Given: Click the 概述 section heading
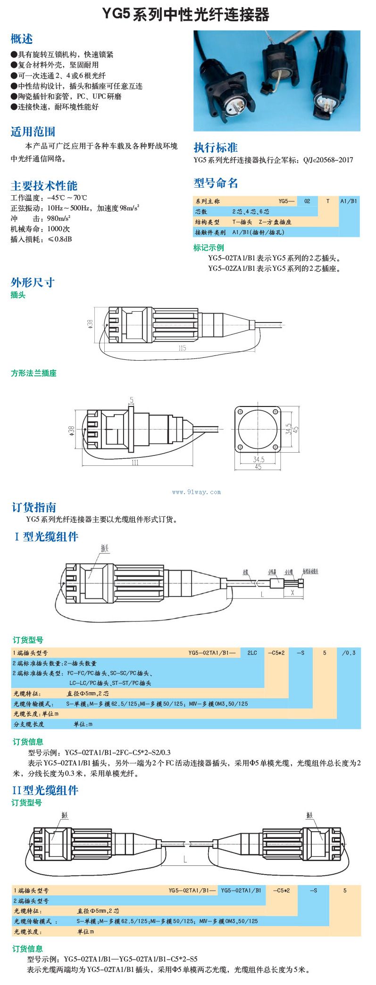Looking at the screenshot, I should (x=22, y=39).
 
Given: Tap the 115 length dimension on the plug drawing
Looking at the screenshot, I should (x=182, y=348).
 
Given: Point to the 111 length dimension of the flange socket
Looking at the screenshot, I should (x=135, y=463).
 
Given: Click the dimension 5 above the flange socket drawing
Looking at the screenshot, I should (x=132, y=400).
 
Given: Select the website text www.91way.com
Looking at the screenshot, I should (x=196, y=492).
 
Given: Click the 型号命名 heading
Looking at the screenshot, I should (x=216, y=183).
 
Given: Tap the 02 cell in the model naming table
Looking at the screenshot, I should (x=307, y=201).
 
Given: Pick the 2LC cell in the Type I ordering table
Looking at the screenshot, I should (x=252, y=653).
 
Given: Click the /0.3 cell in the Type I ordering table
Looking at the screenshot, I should (x=349, y=653).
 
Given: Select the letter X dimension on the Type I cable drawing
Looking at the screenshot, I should (x=292, y=593).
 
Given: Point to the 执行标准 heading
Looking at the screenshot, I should (x=216, y=147).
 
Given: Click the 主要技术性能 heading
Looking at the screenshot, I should (x=44, y=185).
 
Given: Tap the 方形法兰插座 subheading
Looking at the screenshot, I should (x=33, y=373).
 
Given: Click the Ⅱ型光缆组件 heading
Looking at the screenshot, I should (x=45, y=790).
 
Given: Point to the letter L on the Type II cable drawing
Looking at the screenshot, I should (x=185, y=860).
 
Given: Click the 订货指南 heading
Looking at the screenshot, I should (x=33, y=507).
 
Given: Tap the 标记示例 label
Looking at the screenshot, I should (x=209, y=247).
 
